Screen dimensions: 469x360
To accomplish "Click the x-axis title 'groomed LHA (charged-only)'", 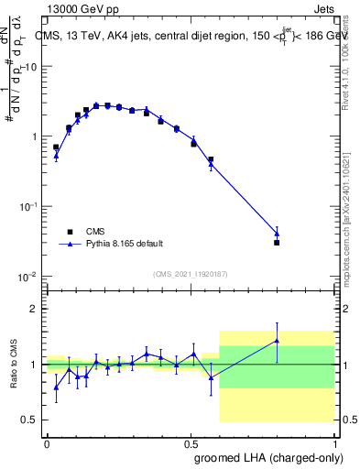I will [x=276, y=457].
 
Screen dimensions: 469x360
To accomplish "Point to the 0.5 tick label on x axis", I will [x=191, y=442].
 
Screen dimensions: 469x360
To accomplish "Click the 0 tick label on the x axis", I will [x=47, y=442].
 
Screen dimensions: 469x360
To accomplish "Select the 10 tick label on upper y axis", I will [x=29, y=67].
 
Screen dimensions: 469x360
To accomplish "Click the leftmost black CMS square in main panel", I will [x=56, y=147].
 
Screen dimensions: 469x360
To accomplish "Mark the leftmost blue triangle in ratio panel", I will [x=56, y=387].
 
